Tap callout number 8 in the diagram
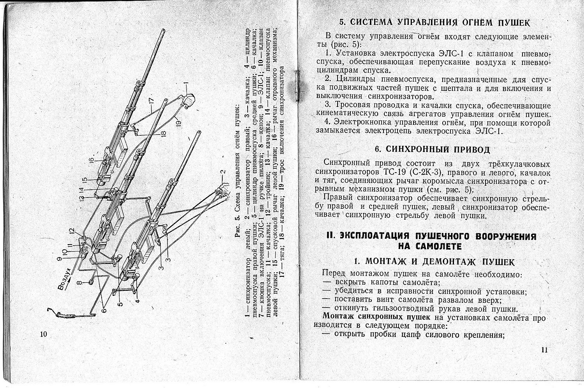pos(79,283)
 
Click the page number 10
pos(43,334)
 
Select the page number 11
pos(544,350)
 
